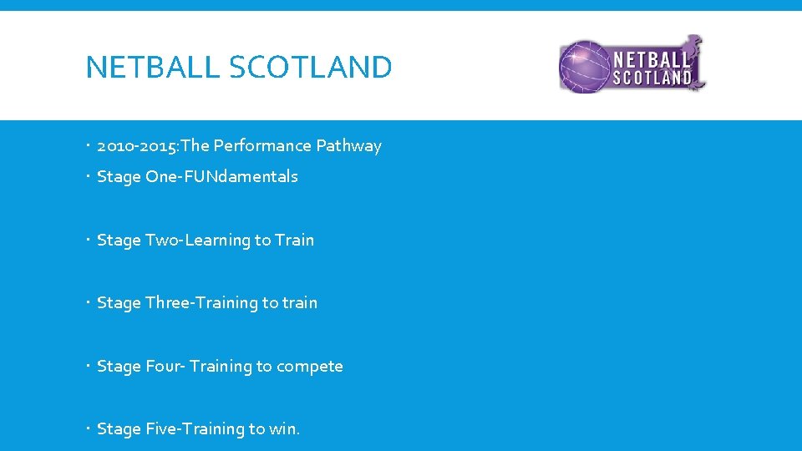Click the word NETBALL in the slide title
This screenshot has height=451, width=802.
tap(153, 67)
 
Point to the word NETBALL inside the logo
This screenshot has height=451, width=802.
tap(652, 59)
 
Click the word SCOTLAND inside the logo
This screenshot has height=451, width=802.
tap(652, 78)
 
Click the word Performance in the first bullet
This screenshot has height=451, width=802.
tap(262, 146)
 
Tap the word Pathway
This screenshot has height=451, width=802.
tap(348, 146)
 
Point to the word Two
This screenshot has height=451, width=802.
tap(162, 241)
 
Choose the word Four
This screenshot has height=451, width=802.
tap(164, 367)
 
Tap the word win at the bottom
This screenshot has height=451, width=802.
tap(283, 429)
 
